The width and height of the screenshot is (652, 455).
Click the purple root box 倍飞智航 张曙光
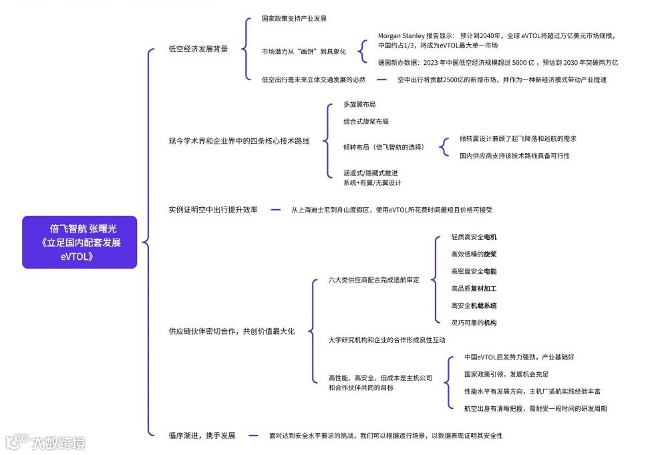[79, 242]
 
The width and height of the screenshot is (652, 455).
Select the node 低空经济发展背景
[198, 49]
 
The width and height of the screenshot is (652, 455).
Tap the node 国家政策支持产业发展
[294, 19]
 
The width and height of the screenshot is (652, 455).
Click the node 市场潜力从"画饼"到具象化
[303, 51]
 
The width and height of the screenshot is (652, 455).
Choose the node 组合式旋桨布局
[366, 122]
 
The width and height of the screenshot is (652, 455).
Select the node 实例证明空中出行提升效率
[213, 210]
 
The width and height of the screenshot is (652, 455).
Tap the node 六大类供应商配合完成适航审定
[373, 280]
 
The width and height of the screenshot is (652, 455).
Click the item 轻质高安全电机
[474, 237]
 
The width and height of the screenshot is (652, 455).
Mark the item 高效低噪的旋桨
[474, 254]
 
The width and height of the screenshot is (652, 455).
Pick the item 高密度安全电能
[474, 271]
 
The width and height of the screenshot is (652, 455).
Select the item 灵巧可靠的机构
[474, 323]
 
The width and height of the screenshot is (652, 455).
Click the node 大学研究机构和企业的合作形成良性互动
[387, 340]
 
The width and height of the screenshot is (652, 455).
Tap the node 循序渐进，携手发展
[202, 436]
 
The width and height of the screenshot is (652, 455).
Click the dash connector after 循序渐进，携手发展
[253, 436]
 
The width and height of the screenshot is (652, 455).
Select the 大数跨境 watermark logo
[45, 442]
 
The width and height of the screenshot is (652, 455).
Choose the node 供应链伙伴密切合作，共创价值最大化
[231, 331]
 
